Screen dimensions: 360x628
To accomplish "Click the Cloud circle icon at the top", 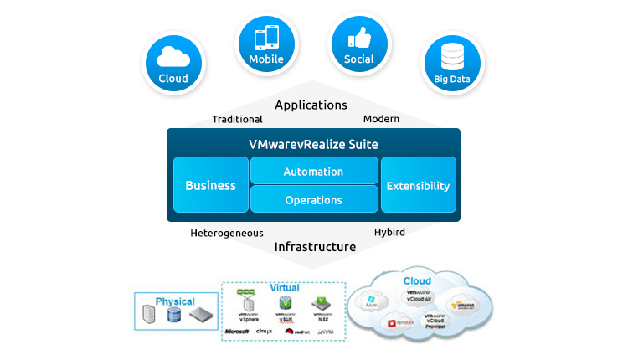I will click(x=173, y=62).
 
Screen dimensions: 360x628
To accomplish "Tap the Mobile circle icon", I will click(x=266, y=42).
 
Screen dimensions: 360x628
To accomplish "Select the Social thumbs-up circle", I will click(x=359, y=42).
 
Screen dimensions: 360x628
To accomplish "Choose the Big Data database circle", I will click(x=452, y=62).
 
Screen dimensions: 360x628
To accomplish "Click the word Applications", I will click(x=311, y=105).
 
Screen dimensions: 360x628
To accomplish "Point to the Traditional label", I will click(x=237, y=120).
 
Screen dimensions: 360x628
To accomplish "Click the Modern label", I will click(x=381, y=119).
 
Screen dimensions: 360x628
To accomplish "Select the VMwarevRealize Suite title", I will click(x=313, y=145).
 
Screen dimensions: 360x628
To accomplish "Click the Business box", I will click(x=210, y=185).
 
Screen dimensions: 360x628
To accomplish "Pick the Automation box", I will click(x=313, y=172).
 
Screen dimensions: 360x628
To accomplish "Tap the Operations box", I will click(x=313, y=200).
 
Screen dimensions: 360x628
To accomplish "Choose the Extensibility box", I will click(x=418, y=185).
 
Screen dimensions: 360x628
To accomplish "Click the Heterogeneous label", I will click(x=227, y=233).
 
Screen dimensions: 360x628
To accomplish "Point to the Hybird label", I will click(x=389, y=232).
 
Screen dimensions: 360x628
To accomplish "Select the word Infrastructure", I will click(x=314, y=247).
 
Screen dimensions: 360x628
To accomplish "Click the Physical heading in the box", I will click(x=175, y=301).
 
